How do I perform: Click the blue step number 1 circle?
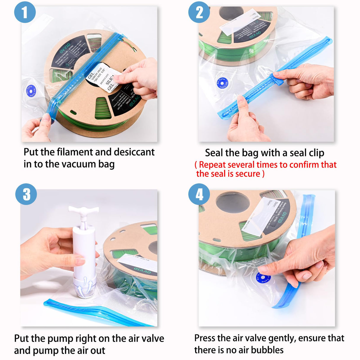[25, 12]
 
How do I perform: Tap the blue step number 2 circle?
[199, 12]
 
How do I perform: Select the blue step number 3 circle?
[26, 194]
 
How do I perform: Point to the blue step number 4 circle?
[199, 194]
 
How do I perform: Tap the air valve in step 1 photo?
[31, 91]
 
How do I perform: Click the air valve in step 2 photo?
[222, 83]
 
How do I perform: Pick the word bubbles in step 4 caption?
[267, 350]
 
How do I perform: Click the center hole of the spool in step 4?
[232, 202]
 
